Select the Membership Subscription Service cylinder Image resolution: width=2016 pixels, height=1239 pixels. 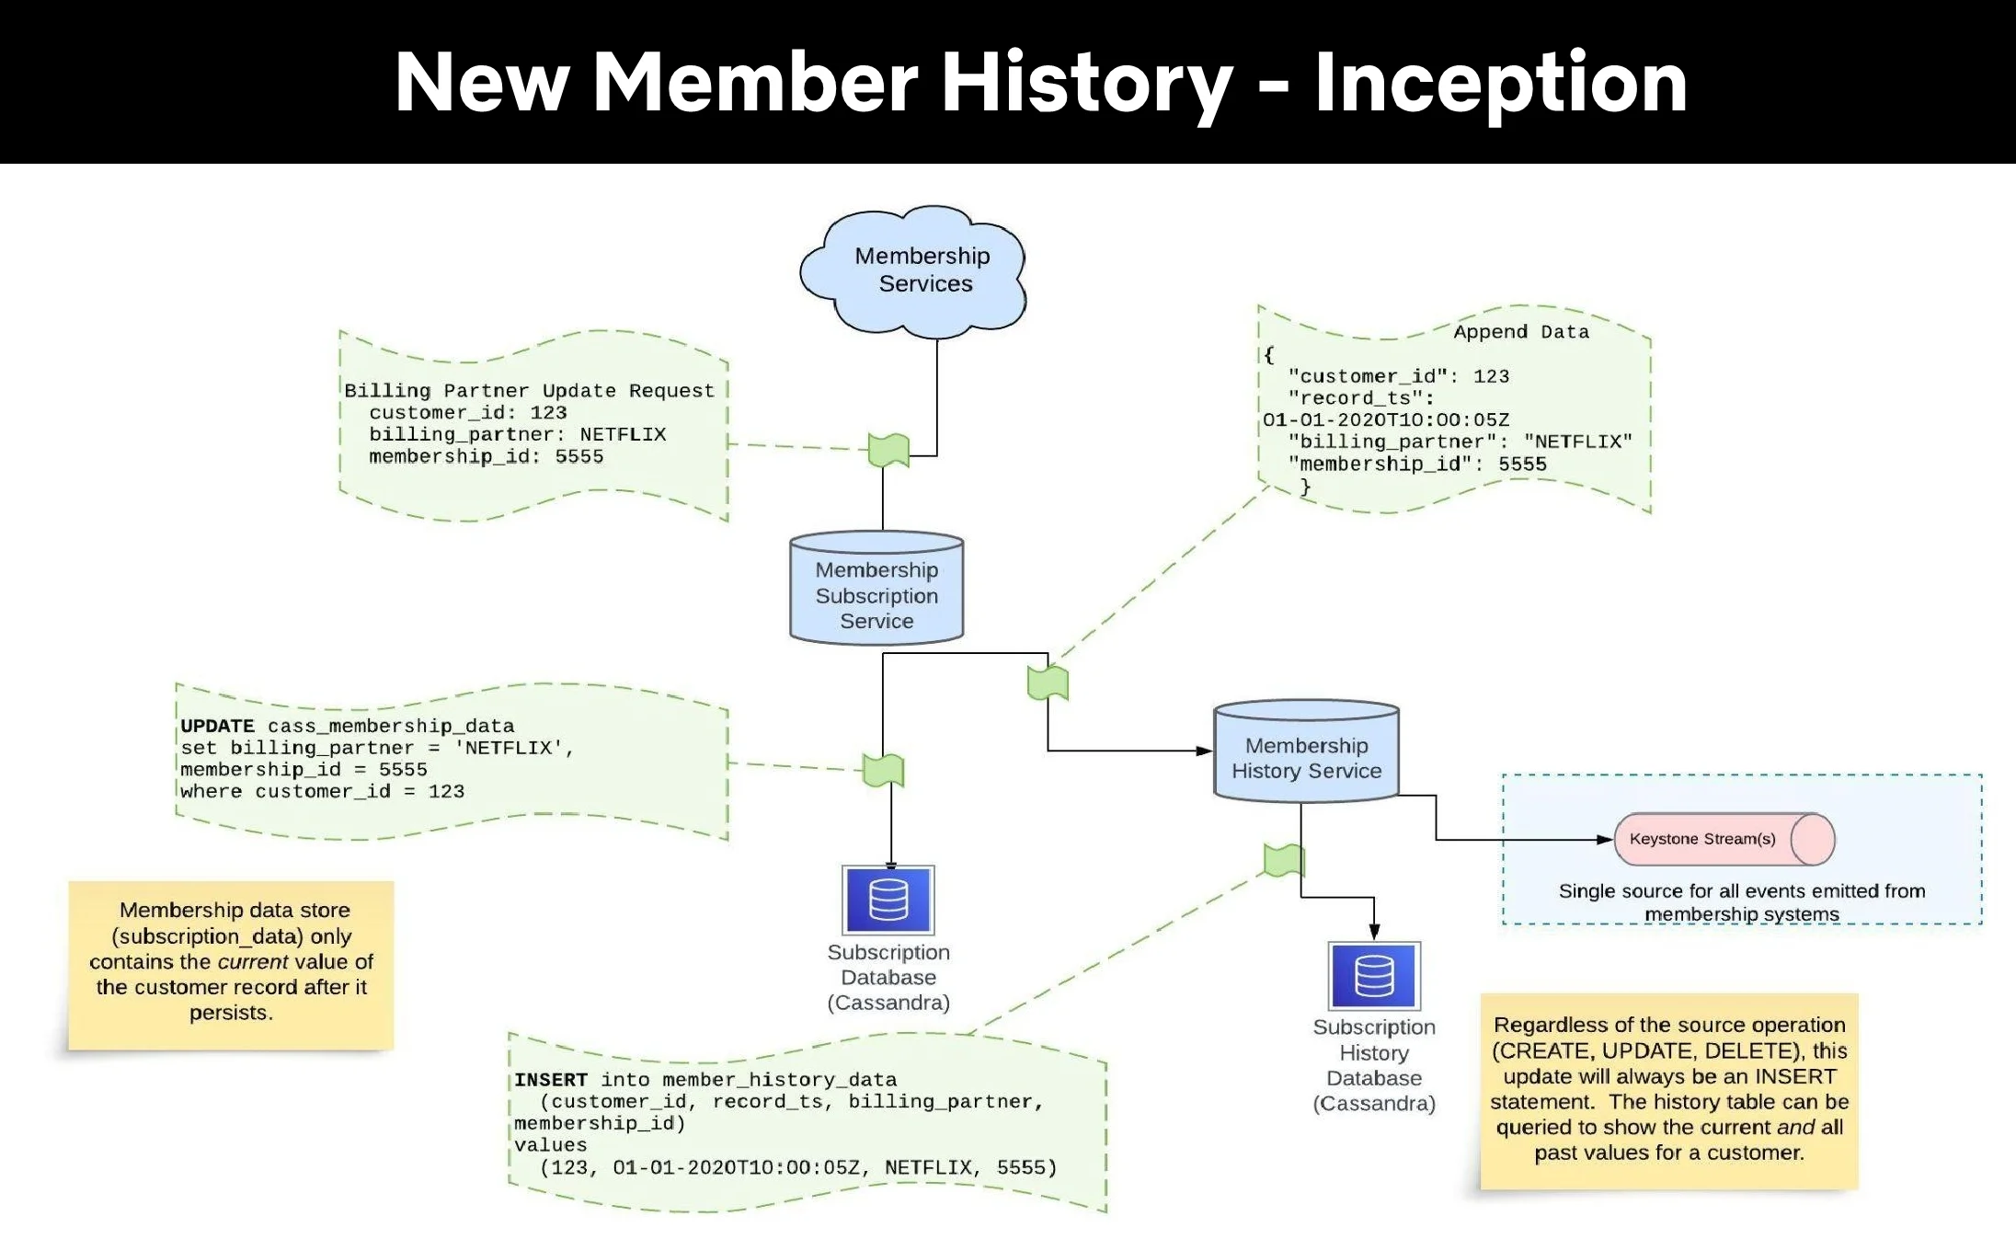(876, 590)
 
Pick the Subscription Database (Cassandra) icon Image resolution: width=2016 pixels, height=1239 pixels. (888, 900)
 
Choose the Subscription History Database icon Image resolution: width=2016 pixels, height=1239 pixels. (1374, 976)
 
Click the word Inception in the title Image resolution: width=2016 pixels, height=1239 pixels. (1501, 83)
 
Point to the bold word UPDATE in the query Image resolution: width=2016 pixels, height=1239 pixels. (217, 726)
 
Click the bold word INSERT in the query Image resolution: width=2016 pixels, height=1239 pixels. (550, 1080)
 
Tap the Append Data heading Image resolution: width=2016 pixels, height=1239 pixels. (1521, 332)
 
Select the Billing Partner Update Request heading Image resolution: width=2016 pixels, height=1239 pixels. (529, 391)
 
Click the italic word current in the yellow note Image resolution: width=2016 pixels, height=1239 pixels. (253, 962)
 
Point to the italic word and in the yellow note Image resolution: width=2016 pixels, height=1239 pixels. (1795, 1128)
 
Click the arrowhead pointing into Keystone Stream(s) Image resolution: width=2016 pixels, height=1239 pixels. (1606, 840)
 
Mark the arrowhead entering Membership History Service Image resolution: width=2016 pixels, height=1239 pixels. (1205, 751)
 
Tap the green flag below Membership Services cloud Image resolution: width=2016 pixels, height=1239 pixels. (888, 451)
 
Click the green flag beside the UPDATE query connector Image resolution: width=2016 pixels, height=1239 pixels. (883, 771)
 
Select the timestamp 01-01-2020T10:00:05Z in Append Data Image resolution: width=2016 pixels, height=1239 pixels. (1386, 420)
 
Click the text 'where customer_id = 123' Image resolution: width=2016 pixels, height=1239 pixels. (322, 792)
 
